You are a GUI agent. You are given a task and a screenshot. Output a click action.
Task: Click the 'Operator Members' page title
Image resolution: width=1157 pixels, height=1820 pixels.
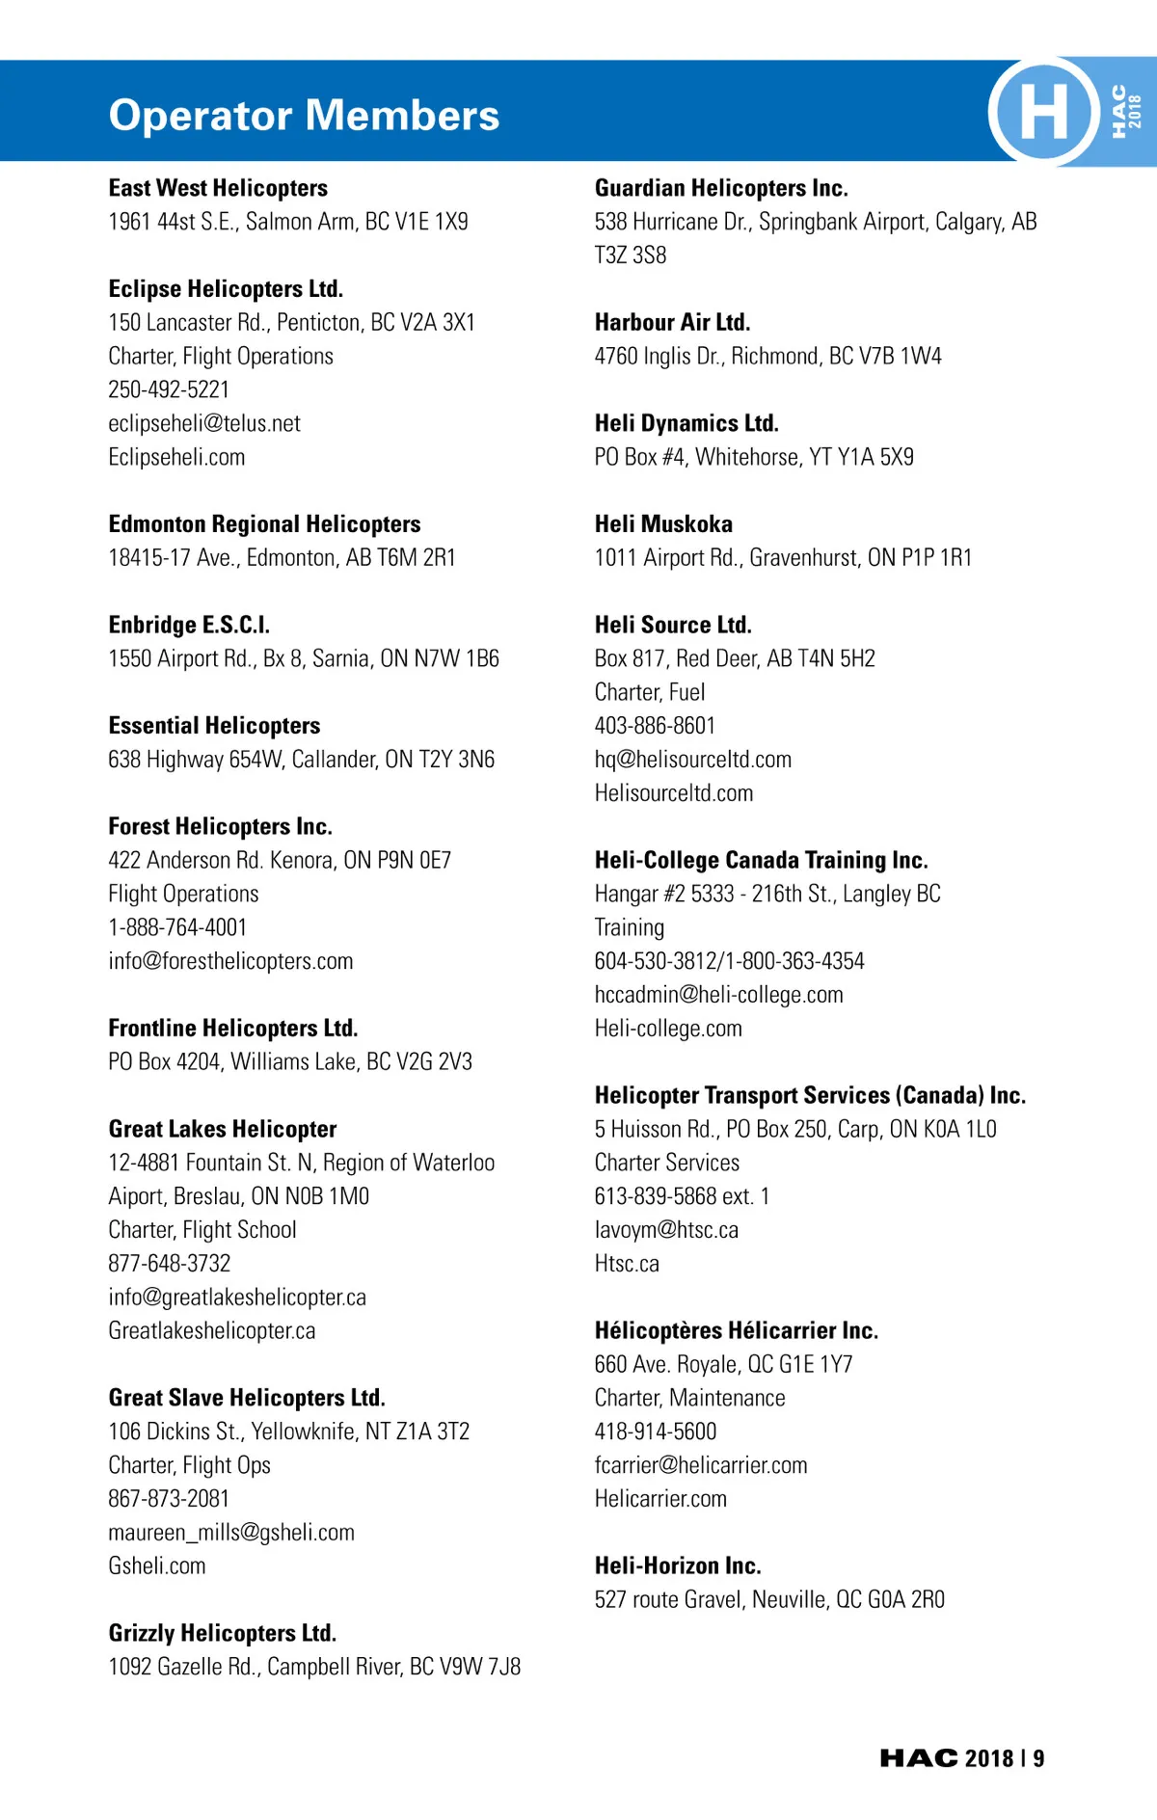(304, 116)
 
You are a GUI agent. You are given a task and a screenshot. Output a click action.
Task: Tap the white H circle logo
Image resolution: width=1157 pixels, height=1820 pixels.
(1043, 111)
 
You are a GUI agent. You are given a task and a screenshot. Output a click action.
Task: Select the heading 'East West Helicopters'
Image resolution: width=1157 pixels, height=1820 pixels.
(218, 188)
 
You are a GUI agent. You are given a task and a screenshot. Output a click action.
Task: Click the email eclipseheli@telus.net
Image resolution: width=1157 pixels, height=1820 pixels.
(204, 423)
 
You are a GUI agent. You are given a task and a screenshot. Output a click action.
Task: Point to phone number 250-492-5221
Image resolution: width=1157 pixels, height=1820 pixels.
(169, 389)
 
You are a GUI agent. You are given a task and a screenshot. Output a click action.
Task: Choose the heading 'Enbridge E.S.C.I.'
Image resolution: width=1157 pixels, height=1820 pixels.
(189, 625)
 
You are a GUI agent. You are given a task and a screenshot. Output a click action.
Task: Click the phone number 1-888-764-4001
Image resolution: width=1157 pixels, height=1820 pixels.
(177, 927)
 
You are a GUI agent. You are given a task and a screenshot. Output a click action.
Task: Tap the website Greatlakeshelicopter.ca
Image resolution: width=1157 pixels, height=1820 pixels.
(212, 1330)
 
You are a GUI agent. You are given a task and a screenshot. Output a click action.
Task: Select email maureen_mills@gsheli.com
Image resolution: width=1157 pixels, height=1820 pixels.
(231, 1532)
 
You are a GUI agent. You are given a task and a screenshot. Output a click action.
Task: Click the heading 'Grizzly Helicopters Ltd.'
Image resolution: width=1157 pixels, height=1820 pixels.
(223, 1633)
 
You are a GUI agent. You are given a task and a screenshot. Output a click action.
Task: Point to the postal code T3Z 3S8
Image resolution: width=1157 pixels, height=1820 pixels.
(631, 255)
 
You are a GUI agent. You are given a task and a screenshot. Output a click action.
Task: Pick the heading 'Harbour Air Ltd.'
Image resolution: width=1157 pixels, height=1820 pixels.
(672, 322)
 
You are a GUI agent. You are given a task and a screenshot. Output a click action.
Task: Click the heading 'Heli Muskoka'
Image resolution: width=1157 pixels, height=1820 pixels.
(663, 524)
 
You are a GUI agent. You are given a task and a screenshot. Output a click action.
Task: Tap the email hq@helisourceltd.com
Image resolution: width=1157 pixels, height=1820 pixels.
(693, 760)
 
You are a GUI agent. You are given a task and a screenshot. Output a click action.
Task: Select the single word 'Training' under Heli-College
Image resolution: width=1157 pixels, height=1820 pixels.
(630, 927)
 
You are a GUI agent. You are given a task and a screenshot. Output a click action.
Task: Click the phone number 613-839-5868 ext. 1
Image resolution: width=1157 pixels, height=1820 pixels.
(682, 1196)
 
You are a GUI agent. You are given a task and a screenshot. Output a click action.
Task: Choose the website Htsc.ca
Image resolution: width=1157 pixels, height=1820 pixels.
(627, 1264)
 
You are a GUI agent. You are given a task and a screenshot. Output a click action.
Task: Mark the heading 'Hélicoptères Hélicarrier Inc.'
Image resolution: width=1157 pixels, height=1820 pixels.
(737, 1330)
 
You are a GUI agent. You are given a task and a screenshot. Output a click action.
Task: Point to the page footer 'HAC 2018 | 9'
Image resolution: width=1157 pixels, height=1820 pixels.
(961, 1758)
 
